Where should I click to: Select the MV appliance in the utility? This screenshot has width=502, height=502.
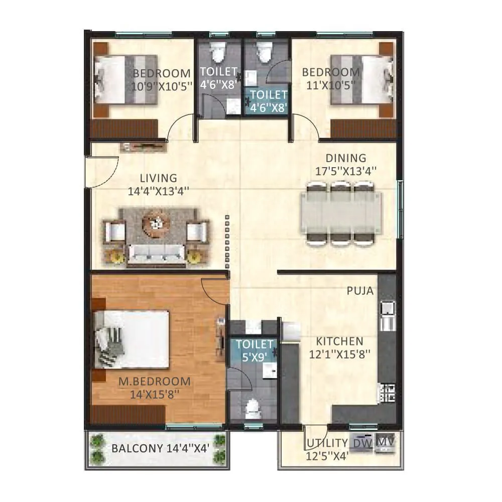click(385, 442)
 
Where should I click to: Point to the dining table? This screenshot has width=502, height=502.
click(341, 213)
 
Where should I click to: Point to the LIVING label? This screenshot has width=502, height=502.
click(158, 178)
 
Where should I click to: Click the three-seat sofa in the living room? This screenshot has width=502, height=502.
click(157, 253)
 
